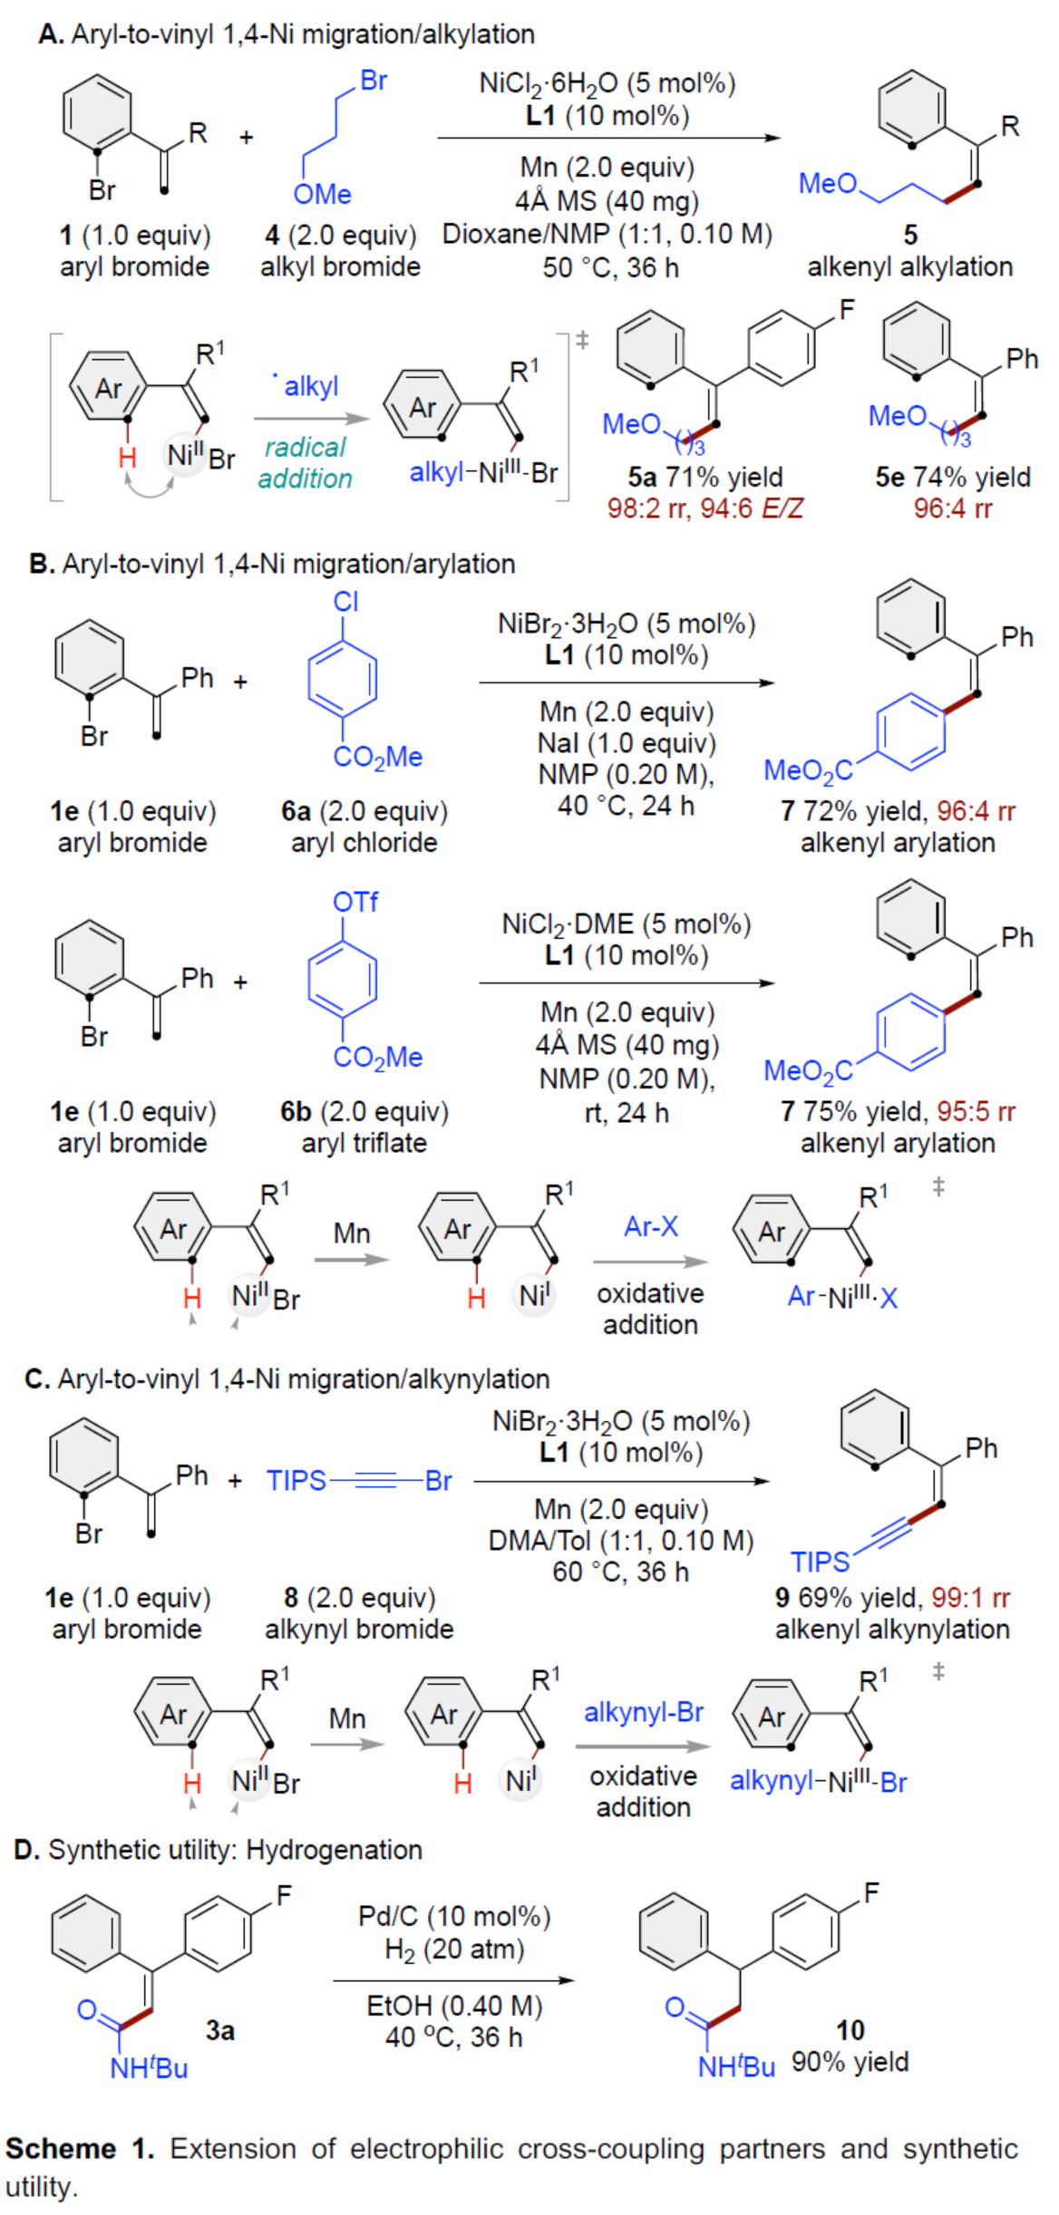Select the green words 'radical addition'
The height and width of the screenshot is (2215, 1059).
tap(305, 462)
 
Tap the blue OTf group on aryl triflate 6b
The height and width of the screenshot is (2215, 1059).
tap(355, 902)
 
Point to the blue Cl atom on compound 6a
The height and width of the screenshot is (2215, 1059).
tap(345, 602)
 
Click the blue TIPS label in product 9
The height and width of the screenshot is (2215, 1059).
tap(820, 1562)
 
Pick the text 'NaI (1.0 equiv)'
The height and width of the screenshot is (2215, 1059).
tap(626, 743)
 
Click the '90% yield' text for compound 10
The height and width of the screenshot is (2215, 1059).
tap(850, 2062)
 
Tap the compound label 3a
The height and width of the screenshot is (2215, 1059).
tap(219, 2030)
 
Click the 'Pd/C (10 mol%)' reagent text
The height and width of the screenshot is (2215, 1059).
tap(454, 1916)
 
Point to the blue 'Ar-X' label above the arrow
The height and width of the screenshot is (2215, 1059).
tap(650, 1226)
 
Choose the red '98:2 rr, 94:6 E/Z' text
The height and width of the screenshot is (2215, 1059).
tap(704, 508)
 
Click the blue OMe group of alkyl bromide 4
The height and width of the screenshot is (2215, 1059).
tap(322, 194)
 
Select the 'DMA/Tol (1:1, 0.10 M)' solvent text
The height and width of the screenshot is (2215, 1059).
tap(620, 1540)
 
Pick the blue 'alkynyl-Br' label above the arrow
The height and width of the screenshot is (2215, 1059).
tap(643, 1712)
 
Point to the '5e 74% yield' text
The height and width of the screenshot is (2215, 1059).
tap(952, 477)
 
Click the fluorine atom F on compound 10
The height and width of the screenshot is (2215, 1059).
tap(871, 1893)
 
